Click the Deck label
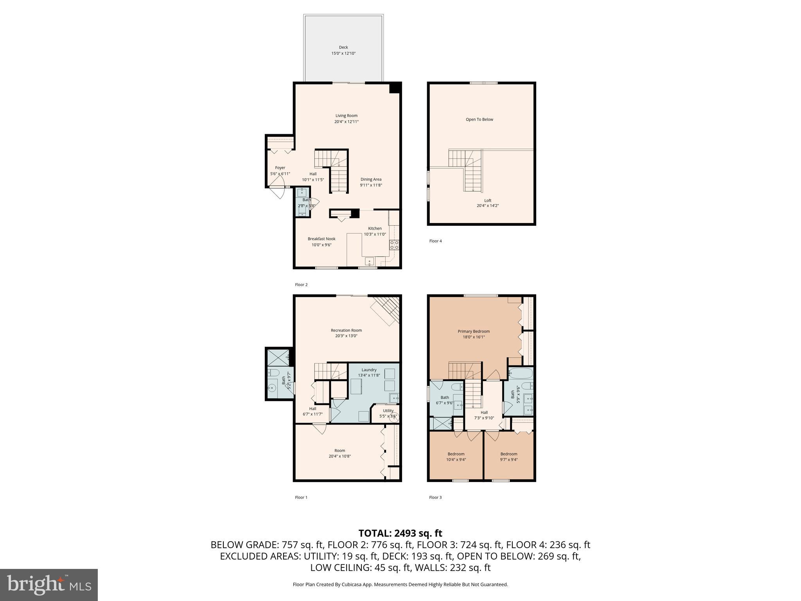coord(343,47)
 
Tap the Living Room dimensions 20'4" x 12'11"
coord(346,122)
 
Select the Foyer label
coord(280,168)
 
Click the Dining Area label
coord(371,180)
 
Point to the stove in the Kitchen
coord(394,245)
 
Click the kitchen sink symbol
coord(369,261)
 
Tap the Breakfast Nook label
coord(321,239)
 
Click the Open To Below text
coord(479,119)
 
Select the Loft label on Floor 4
coord(487,200)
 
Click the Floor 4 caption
coord(435,241)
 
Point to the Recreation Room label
coord(346,330)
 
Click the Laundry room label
coord(369,370)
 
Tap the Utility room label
coord(388,410)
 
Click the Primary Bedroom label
coord(474,331)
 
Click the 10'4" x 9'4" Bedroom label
coord(456,454)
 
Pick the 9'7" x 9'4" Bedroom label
coord(508,454)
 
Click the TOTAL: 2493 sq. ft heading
coord(400,533)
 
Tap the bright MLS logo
coord(49,585)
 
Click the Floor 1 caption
coord(301,497)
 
